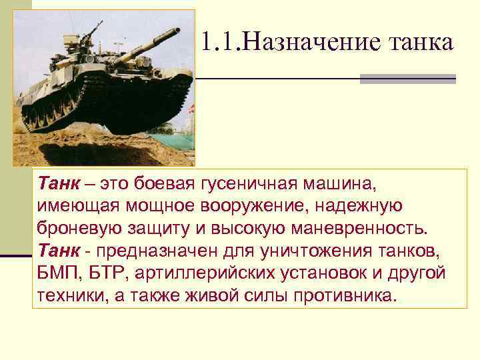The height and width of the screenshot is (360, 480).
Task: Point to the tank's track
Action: pyautogui.click(x=100, y=113)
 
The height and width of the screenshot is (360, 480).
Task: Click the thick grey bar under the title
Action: pyautogui.click(x=407, y=79)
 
